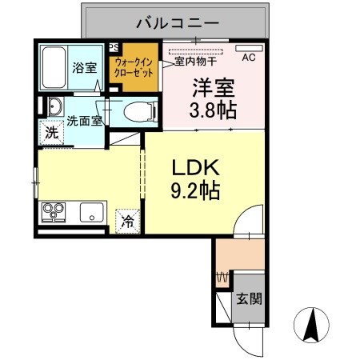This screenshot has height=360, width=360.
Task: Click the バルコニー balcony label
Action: click(177, 22)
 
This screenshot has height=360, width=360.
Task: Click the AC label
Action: click(248, 58)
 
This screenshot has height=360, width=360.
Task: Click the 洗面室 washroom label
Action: click(83, 122)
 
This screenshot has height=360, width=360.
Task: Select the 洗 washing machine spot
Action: click(50, 134)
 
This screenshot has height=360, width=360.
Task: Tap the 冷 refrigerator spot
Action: click(127, 222)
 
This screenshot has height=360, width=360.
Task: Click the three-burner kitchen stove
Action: click(55, 213)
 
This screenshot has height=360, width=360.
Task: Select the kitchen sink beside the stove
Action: click(90, 214)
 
